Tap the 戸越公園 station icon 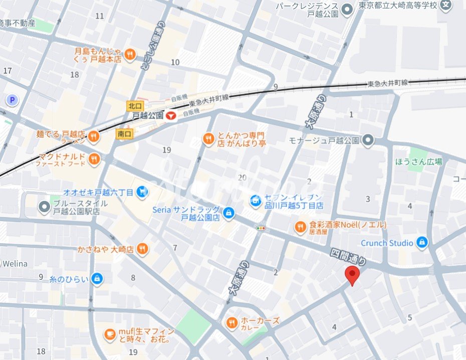(171, 116)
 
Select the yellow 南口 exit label (124, 134)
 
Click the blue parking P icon (12, 100)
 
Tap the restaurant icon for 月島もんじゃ (130, 55)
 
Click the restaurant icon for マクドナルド (94, 160)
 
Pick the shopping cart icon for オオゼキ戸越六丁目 (143, 192)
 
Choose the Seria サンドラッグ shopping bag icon (228, 213)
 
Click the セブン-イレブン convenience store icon (255, 201)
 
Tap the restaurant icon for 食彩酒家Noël (300, 227)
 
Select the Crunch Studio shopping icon (422, 243)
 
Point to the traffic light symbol (261, 228)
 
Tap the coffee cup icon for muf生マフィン (110, 334)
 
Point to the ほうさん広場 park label (418, 161)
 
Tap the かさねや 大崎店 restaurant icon (142, 249)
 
